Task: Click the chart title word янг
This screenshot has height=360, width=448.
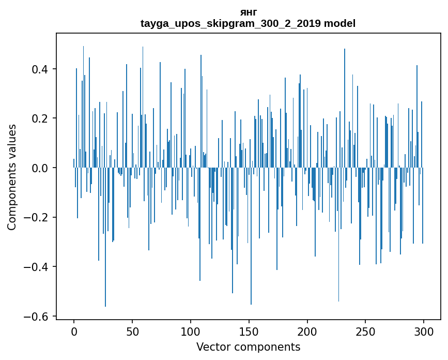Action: (x=248, y=12)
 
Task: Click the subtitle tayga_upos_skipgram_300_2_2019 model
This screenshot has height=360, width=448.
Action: (x=248, y=23)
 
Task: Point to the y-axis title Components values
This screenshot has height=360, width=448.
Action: (x=12, y=177)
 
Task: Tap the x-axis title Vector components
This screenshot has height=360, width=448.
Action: (x=248, y=347)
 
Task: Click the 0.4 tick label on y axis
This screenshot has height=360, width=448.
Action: (x=40, y=69)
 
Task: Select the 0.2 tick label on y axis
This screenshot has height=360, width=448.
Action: (x=40, y=118)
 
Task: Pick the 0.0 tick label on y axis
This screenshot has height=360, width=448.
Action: (x=40, y=168)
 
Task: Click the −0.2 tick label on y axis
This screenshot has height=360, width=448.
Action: (x=37, y=218)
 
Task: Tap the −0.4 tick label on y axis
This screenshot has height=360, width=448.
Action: (x=37, y=267)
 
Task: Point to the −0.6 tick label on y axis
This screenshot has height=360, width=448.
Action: (x=37, y=317)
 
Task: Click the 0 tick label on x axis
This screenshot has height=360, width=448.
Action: (x=74, y=331)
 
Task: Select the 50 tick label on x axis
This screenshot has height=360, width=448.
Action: (x=132, y=331)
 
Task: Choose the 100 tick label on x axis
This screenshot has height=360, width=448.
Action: (x=191, y=331)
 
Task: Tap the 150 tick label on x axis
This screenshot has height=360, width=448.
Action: (x=249, y=331)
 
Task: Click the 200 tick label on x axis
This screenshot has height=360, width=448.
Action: (x=307, y=331)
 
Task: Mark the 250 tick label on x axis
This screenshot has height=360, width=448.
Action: (x=365, y=331)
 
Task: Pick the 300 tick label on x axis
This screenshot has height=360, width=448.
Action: (x=424, y=331)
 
